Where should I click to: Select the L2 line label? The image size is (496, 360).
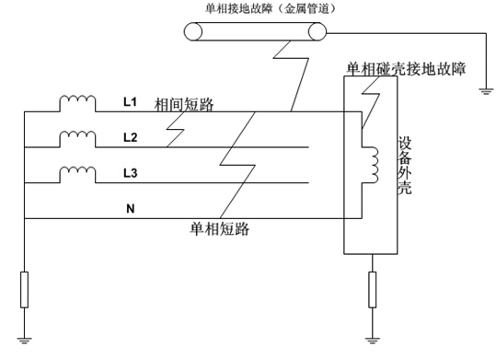point(130,137)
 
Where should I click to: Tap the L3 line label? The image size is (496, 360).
point(130,173)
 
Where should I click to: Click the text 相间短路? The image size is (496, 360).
point(185,104)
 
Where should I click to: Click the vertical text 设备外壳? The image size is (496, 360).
point(405,170)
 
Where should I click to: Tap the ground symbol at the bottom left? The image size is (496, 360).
point(25,340)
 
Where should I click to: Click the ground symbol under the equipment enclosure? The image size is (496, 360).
point(371,340)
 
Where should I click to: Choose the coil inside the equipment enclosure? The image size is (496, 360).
point(374,164)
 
